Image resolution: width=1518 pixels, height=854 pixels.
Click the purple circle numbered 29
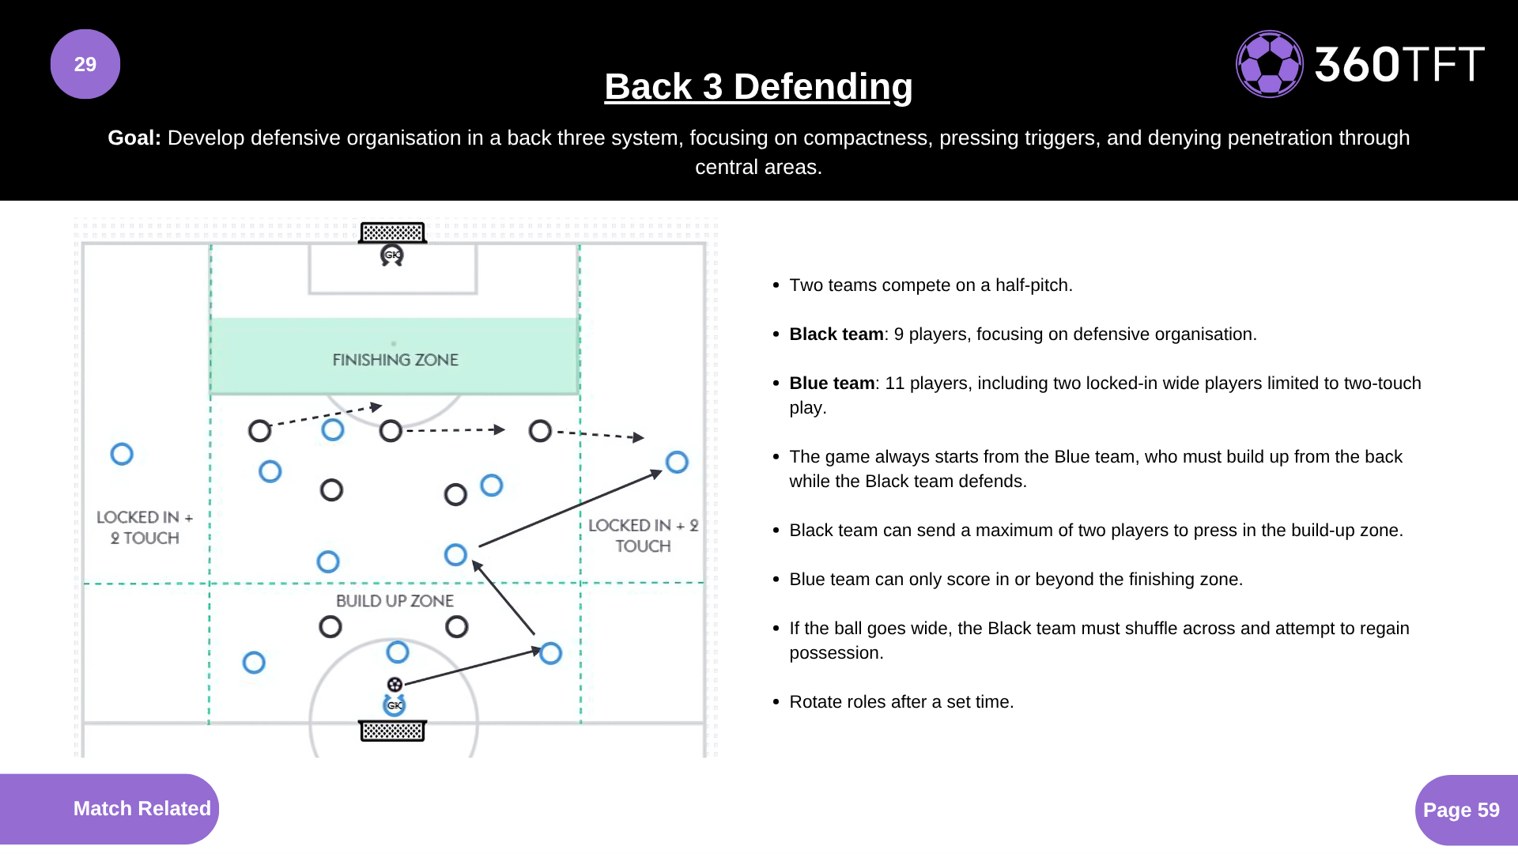[x=85, y=64]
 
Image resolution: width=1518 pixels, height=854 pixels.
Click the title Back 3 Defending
[x=758, y=86]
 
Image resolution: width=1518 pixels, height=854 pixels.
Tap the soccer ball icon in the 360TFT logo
[x=1269, y=64]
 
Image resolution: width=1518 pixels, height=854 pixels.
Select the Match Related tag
[x=142, y=808]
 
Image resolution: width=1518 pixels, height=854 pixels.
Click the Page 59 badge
[x=1461, y=810]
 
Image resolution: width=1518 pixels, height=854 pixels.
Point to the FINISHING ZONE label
[x=395, y=360]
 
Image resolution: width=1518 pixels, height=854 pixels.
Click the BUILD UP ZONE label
[x=395, y=601]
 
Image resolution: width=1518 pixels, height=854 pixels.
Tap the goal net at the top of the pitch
[x=392, y=232]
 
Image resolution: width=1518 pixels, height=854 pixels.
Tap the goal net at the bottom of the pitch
[x=392, y=731]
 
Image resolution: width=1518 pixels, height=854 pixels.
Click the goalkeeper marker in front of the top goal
[x=392, y=255]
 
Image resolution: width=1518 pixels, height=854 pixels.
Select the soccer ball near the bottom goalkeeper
[x=395, y=684]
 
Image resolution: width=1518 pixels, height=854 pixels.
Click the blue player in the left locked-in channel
[x=122, y=454]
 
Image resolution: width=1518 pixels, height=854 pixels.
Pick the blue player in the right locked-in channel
[x=677, y=462]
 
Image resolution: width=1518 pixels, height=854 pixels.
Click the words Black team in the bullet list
[x=836, y=334]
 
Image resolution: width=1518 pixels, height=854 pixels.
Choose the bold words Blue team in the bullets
[x=831, y=384]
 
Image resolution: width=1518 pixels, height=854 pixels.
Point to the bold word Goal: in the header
[x=134, y=138]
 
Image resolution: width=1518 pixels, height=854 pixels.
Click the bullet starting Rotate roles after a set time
[x=901, y=702]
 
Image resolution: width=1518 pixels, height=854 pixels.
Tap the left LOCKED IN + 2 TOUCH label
[x=145, y=527]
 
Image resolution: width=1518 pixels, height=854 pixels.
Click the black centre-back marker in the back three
[x=391, y=431]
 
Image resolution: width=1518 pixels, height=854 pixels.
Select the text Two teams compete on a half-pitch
[x=931, y=285]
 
